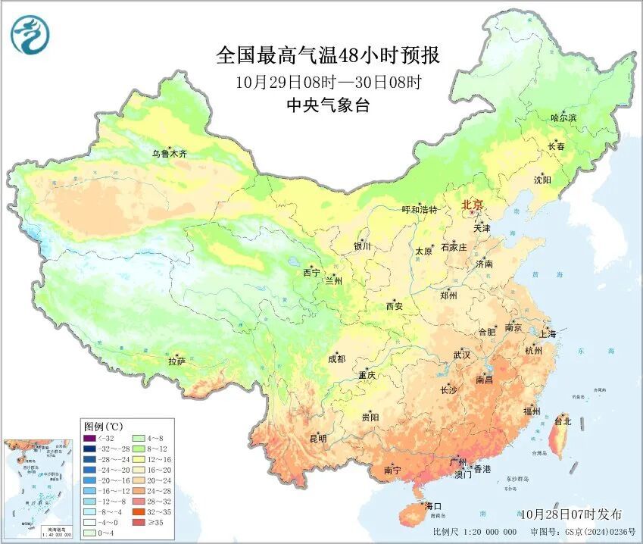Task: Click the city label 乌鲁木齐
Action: click(168, 154)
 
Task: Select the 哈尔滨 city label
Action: click(563, 118)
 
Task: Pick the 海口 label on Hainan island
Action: click(432, 505)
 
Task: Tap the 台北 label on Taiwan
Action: click(563, 421)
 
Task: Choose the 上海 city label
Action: click(547, 334)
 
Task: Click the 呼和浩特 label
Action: click(420, 210)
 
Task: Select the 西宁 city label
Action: click(311, 272)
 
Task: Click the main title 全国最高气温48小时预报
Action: click(327, 56)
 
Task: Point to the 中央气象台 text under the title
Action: click(327, 106)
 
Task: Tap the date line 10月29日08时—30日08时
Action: click(327, 82)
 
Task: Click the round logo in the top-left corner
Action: click(30, 35)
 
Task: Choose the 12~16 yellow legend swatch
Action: click(139, 459)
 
